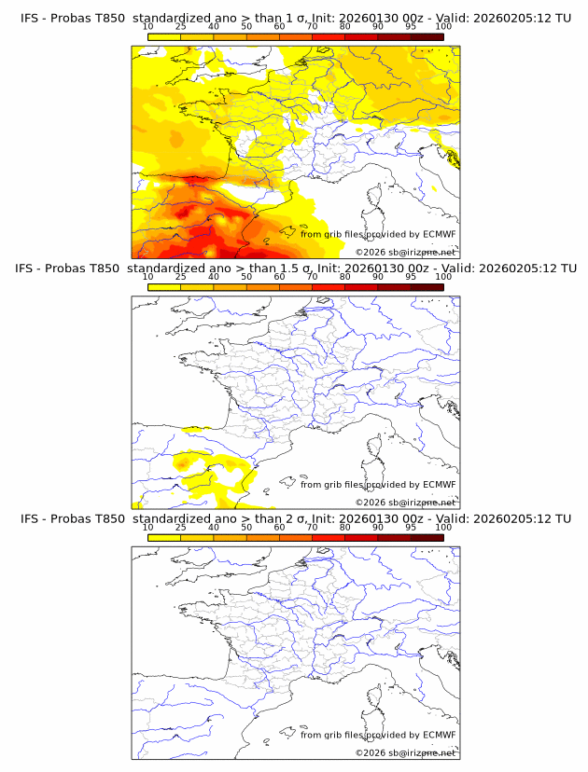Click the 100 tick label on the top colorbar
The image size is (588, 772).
[x=443, y=27]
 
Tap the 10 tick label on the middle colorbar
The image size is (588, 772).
[x=148, y=278]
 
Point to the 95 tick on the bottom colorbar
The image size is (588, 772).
[x=411, y=528]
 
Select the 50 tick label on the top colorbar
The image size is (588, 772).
[x=246, y=27]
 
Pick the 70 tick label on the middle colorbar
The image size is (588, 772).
[x=313, y=278]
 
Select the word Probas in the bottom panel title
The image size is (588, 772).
[x=70, y=518]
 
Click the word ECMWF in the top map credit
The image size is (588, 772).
[x=440, y=234]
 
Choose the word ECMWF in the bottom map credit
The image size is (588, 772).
[x=440, y=735]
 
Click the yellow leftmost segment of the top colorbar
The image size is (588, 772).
[x=164, y=37]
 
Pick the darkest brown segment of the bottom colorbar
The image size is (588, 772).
[x=427, y=538]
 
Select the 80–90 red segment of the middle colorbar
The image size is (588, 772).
[x=361, y=287]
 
